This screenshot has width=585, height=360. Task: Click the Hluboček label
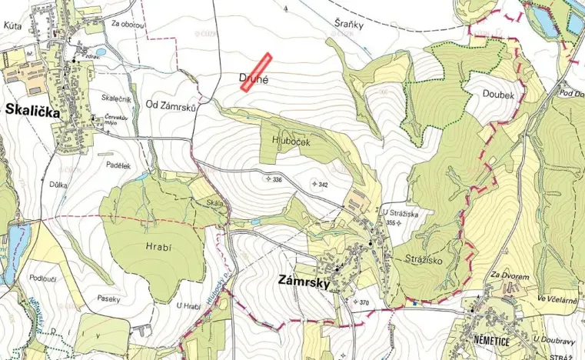(290, 140)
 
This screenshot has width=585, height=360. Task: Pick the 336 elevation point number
(277, 179)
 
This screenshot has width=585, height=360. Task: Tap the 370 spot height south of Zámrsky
(364, 302)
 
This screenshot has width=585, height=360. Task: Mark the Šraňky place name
(349, 25)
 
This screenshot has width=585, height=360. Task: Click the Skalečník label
(117, 99)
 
